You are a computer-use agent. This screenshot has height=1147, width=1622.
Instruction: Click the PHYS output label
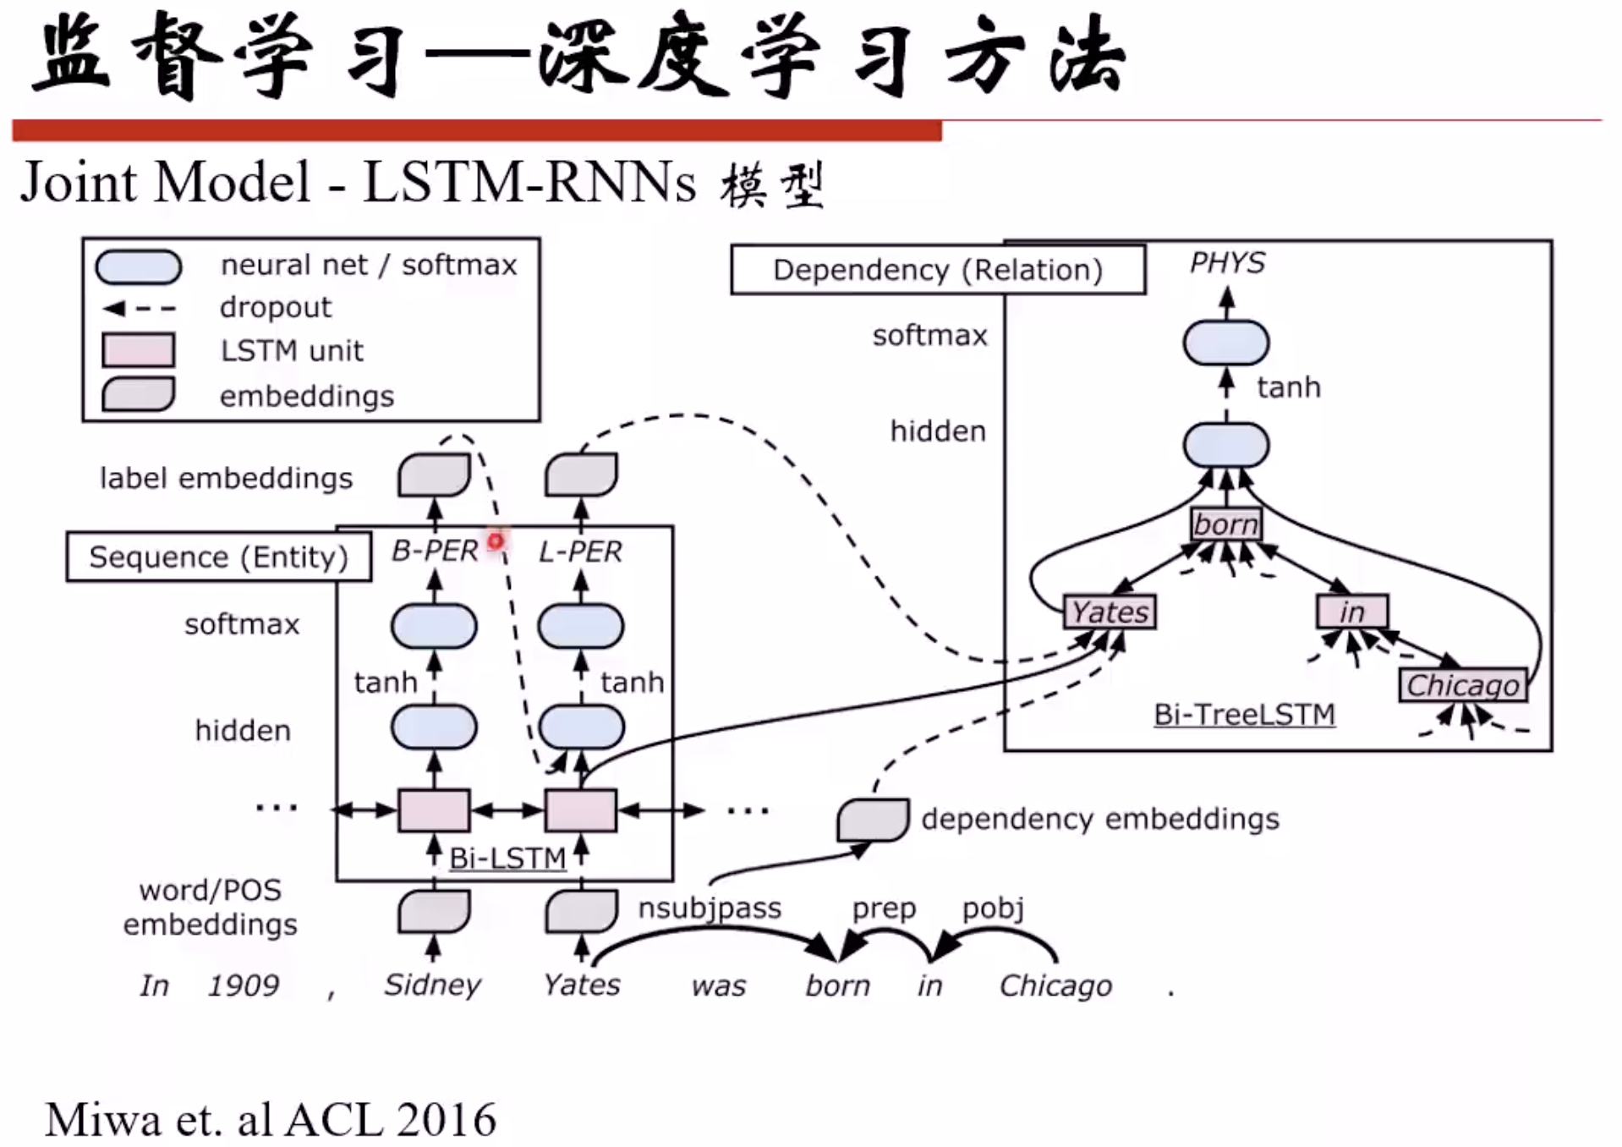pyautogui.click(x=1226, y=263)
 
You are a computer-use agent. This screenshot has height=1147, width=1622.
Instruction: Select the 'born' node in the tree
pyautogui.click(x=1225, y=524)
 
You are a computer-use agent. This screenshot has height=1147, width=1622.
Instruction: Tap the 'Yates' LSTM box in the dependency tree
pyautogui.click(x=1110, y=612)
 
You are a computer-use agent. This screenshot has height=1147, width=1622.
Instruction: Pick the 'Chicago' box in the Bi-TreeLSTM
pyautogui.click(x=1462, y=685)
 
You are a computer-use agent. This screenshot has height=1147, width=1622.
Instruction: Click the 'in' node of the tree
pyautogui.click(x=1351, y=612)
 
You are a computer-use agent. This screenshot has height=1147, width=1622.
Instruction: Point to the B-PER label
pyautogui.click(x=435, y=552)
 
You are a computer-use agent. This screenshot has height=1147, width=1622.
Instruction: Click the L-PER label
pyautogui.click(x=580, y=552)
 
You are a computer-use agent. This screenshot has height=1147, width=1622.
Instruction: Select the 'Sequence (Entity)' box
pyautogui.click(x=218, y=557)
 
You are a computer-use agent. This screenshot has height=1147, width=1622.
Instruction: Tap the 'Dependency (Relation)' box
pyautogui.click(x=938, y=270)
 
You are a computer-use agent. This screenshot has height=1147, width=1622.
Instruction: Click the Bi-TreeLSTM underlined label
pyautogui.click(x=1244, y=715)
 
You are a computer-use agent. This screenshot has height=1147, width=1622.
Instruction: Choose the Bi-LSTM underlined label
pyautogui.click(x=507, y=858)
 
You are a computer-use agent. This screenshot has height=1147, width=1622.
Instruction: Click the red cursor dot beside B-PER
pyautogui.click(x=496, y=541)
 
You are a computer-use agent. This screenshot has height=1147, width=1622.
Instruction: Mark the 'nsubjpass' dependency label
pyautogui.click(x=710, y=908)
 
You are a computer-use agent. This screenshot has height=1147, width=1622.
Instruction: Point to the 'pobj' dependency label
pyautogui.click(x=993, y=908)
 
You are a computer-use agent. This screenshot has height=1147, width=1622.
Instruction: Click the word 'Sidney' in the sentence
pyautogui.click(x=432, y=985)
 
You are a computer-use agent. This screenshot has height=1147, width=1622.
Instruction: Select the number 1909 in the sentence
pyautogui.click(x=244, y=985)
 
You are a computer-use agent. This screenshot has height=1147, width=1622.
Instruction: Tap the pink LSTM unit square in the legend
pyautogui.click(x=138, y=350)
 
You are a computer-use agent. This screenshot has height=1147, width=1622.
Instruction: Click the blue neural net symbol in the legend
pyautogui.click(x=139, y=266)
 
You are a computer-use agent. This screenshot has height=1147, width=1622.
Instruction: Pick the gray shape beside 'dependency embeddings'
pyautogui.click(x=873, y=819)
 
